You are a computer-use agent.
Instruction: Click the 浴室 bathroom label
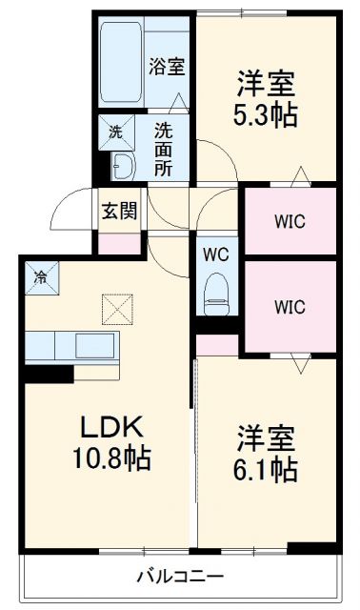166,67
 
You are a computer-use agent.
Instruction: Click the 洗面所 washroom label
164,149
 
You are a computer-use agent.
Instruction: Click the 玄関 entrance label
120,211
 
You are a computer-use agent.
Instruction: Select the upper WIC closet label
290,222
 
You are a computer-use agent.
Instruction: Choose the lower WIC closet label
290,307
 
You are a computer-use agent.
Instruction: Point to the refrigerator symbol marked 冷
40,277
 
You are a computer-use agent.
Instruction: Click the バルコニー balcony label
180,576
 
